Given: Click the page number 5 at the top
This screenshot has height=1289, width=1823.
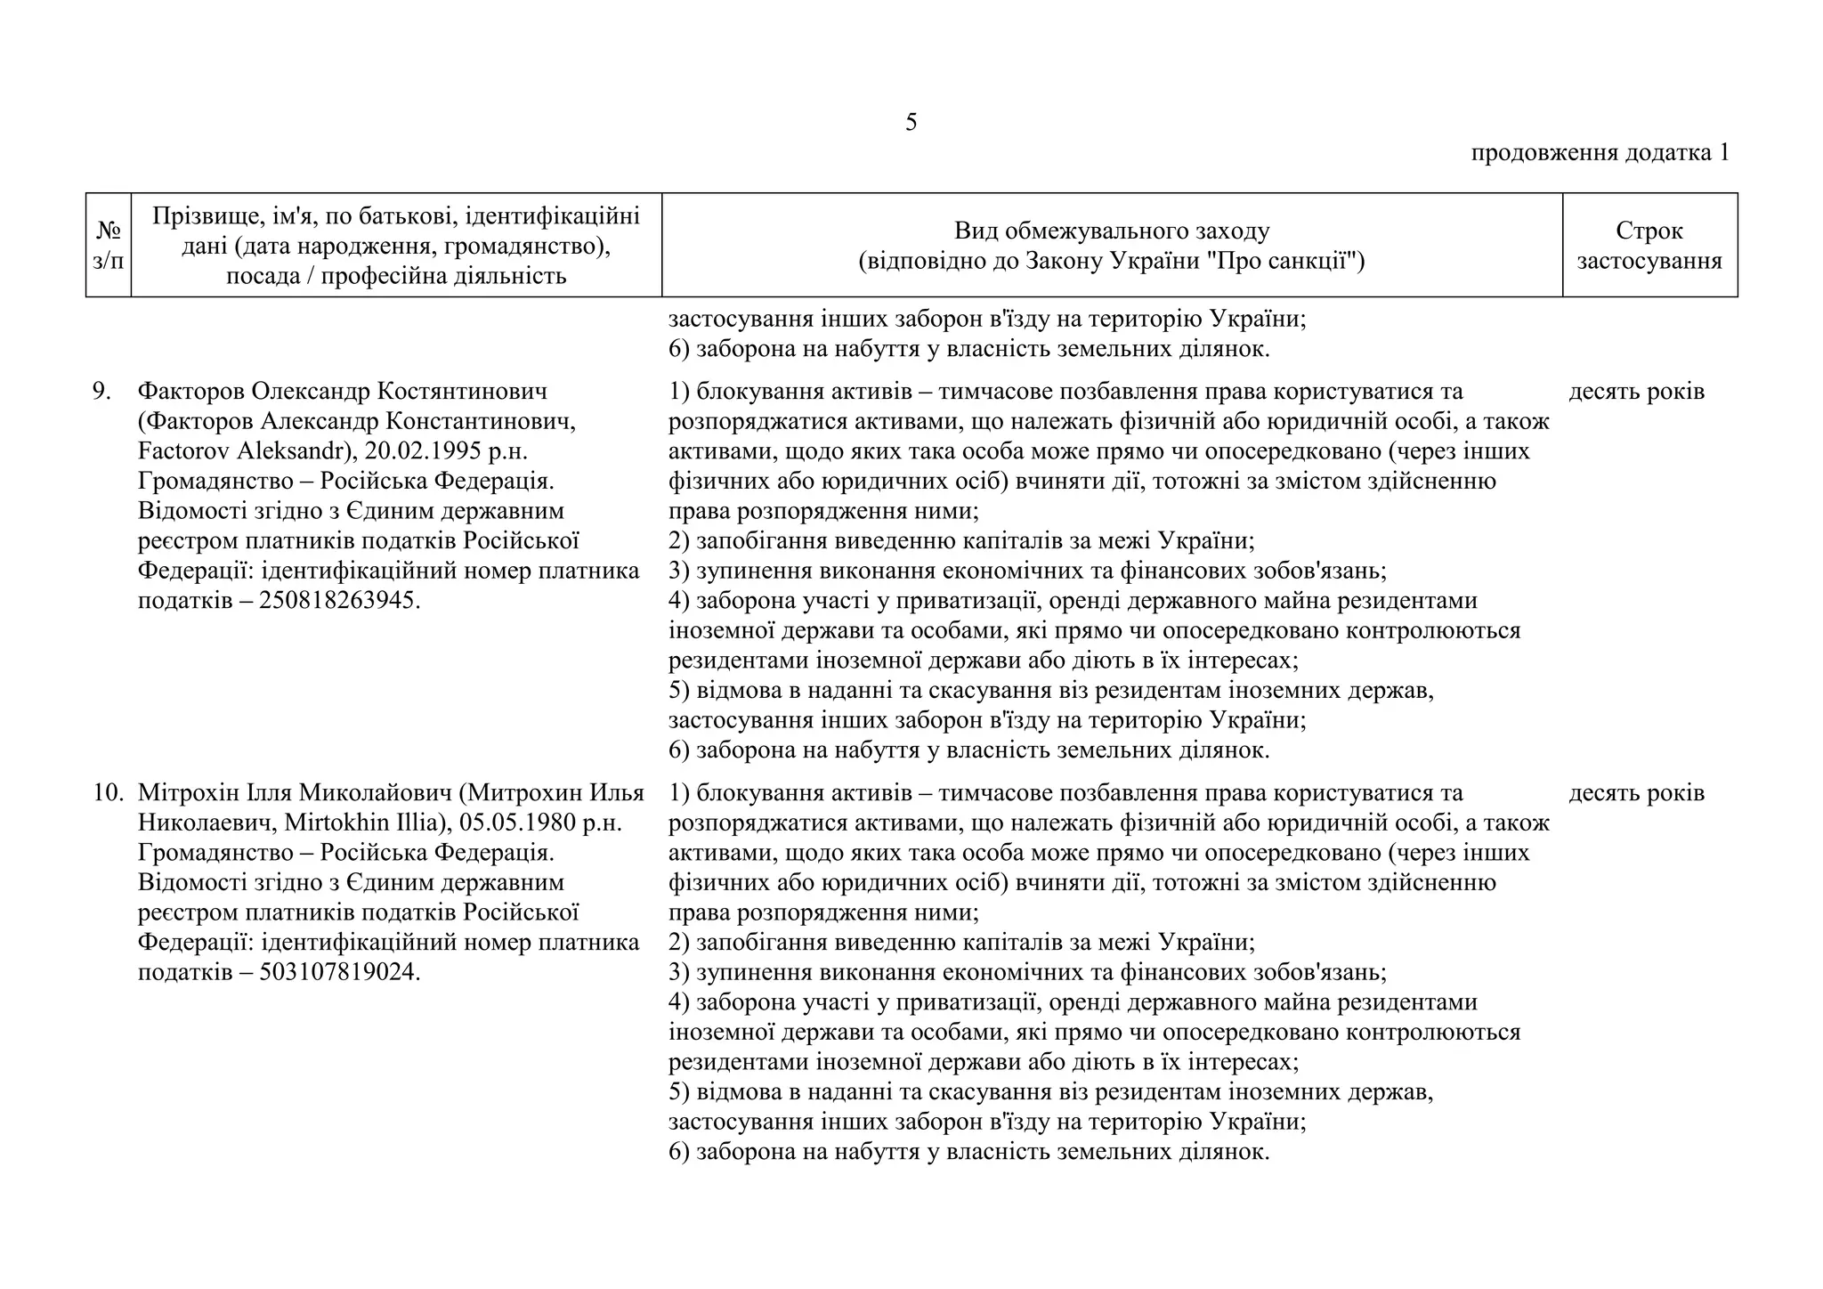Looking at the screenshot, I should point(911,123).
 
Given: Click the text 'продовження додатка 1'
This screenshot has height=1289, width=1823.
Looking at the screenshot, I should point(1600,153).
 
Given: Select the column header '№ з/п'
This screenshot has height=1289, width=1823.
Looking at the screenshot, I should point(108,246).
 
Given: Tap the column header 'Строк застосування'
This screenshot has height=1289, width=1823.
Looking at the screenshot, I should point(1649,246).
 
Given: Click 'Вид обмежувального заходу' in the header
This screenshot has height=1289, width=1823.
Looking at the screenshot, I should point(1112,231).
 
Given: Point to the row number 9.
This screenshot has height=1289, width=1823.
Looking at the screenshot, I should point(101,392).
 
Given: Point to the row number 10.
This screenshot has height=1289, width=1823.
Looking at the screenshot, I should point(108,793).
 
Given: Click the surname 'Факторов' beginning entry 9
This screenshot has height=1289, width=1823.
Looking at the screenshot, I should point(190,392).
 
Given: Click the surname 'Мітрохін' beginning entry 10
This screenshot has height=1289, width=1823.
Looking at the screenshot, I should point(190,793).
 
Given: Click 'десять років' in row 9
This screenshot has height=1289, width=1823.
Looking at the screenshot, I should point(1636,392).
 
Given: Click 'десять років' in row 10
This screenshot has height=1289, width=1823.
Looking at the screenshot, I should point(1636,793).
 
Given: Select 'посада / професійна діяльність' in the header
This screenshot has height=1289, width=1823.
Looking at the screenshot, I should point(396,276).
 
